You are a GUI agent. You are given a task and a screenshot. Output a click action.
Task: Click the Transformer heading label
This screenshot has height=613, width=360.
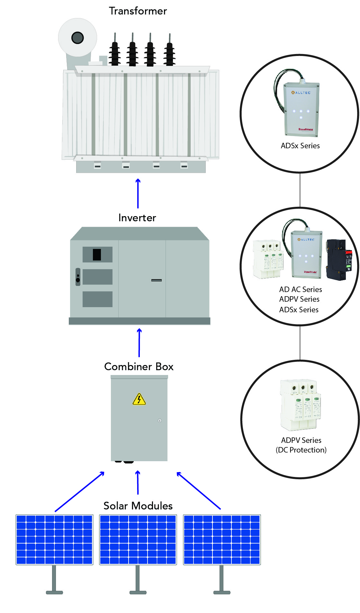[138, 11]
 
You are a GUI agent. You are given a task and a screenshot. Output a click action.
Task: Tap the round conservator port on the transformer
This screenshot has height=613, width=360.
[77, 38]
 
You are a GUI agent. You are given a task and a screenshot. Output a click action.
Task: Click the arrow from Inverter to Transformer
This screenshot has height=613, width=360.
[138, 193]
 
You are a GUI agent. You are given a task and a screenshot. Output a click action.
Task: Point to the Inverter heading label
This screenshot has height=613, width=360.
[137, 218]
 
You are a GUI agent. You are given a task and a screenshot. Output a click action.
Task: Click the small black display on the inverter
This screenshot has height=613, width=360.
[97, 254]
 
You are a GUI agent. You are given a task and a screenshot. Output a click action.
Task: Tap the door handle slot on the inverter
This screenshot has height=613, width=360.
[157, 280]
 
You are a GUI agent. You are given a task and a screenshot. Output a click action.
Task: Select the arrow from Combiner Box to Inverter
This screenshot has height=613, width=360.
[139, 343]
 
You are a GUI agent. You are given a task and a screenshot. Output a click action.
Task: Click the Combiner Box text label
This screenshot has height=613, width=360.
[139, 367]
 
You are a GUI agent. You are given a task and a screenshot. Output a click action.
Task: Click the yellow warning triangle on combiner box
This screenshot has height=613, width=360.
[139, 400]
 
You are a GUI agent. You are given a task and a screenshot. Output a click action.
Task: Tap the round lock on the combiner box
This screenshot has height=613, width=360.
[160, 420]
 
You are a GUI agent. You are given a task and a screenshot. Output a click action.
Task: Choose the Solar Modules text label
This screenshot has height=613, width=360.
[138, 506]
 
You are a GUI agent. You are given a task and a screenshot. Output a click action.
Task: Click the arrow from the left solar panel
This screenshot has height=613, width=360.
[80, 491]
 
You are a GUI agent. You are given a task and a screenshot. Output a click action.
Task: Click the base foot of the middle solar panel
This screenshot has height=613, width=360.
[138, 592]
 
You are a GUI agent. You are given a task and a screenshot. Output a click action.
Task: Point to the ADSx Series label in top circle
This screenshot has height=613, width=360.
[300, 146]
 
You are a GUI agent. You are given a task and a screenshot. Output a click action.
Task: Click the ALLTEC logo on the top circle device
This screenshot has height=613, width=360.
[301, 93]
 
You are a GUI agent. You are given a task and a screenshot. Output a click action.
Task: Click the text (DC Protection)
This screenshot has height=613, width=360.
[301, 450]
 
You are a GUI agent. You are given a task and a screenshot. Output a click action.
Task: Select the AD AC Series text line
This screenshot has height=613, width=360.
[301, 289]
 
